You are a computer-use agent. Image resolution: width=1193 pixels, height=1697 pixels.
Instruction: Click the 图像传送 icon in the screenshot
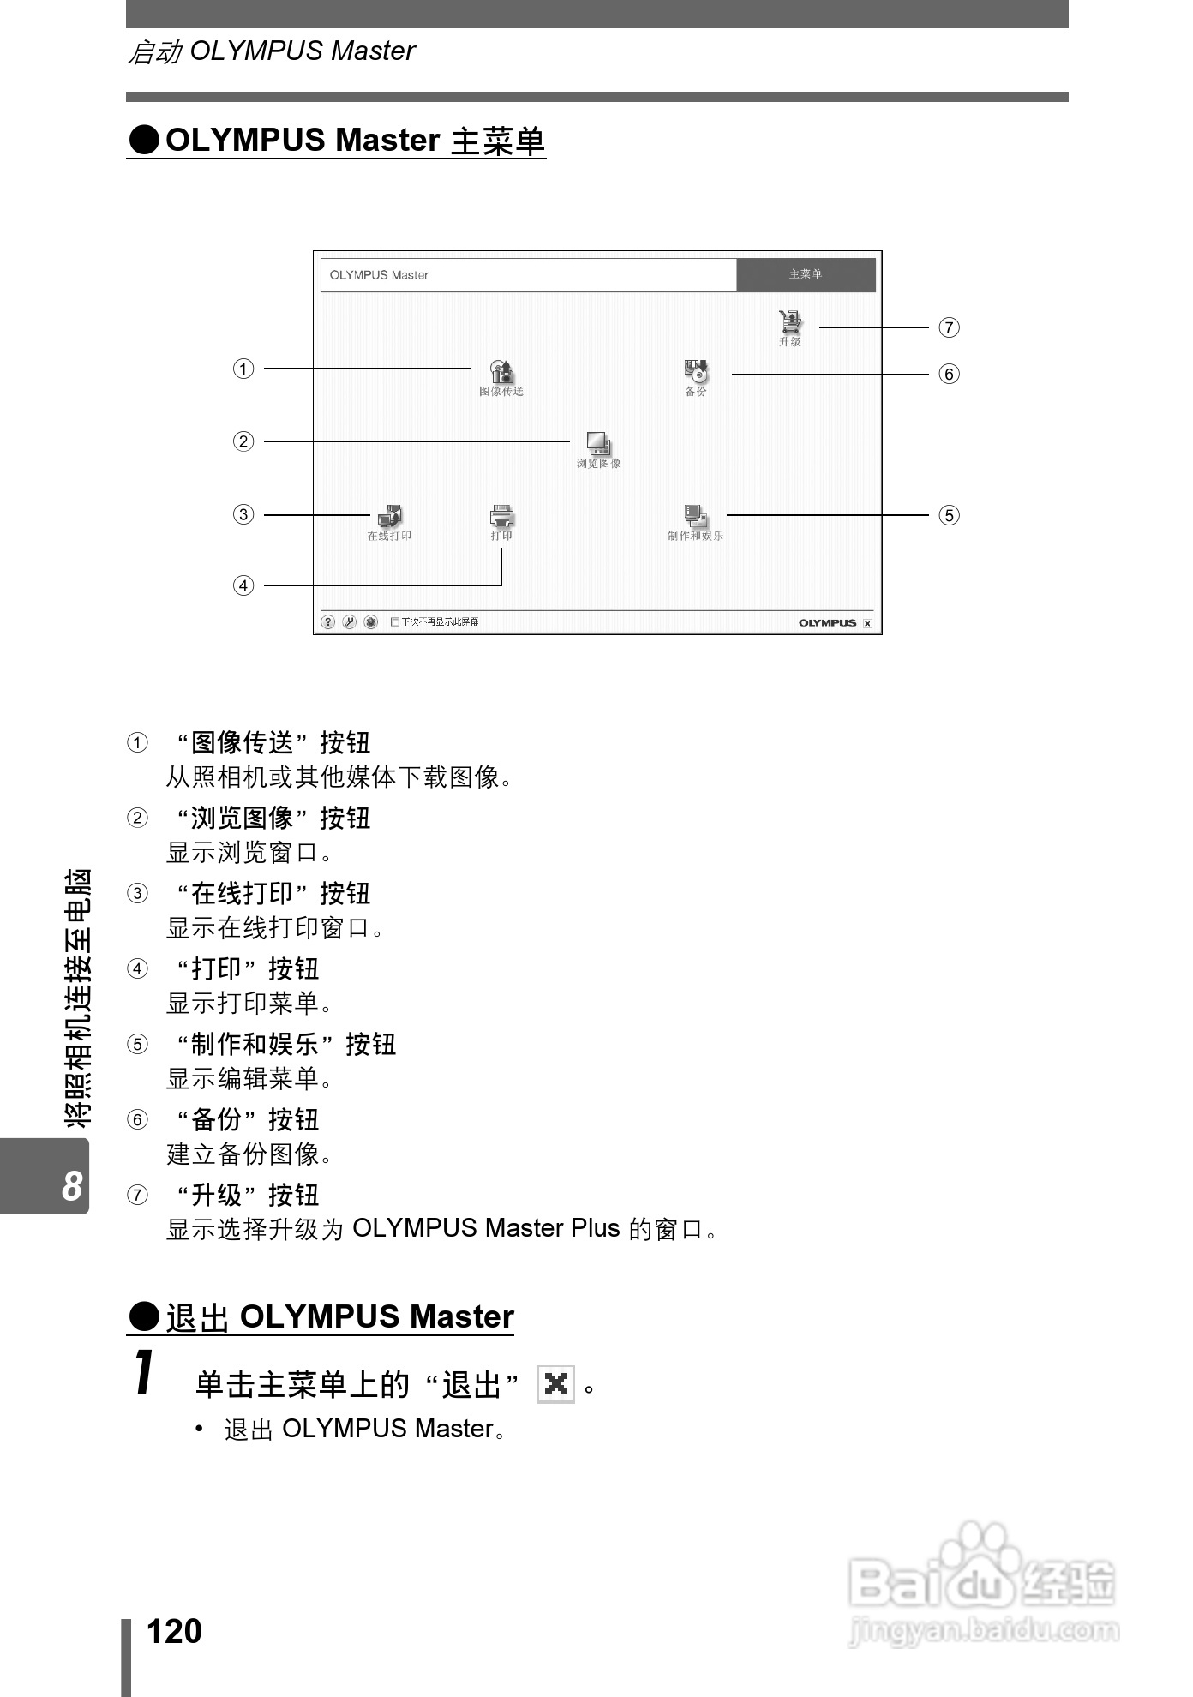(x=502, y=372)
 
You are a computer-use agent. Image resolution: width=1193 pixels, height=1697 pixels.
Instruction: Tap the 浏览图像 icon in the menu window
(x=598, y=443)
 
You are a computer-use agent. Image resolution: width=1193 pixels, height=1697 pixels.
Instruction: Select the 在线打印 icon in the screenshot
(x=390, y=516)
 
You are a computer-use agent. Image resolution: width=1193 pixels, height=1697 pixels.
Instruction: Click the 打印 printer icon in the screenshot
(x=501, y=516)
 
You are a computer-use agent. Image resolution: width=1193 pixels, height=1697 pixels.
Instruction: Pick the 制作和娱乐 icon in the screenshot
(x=696, y=516)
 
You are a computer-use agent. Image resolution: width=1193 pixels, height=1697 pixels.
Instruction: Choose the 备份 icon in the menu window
(x=697, y=371)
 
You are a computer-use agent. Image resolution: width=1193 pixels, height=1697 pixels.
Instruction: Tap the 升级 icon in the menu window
(x=790, y=322)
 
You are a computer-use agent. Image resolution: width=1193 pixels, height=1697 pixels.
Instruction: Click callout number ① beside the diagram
(x=244, y=369)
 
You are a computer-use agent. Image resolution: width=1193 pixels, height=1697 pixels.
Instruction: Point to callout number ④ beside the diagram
(x=244, y=586)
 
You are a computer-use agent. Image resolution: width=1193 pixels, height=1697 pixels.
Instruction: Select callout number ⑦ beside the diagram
(x=949, y=327)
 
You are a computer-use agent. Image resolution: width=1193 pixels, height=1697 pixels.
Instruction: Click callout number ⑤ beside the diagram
(x=949, y=515)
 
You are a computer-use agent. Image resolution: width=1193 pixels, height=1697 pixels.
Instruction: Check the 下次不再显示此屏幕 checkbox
(x=395, y=622)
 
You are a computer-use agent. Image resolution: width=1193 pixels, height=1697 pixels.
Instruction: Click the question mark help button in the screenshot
(x=327, y=622)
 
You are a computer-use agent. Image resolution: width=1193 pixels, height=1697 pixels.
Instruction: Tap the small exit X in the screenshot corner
(x=867, y=624)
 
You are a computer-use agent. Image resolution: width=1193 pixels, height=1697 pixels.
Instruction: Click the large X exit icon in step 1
(x=556, y=1384)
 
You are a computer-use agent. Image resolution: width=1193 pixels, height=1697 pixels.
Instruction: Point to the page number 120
(x=174, y=1631)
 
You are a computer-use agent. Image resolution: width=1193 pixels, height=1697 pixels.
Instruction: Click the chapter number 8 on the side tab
(x=72, y=1186)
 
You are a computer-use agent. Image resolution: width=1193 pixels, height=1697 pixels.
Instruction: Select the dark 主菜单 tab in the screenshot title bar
(x=806, y=275)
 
